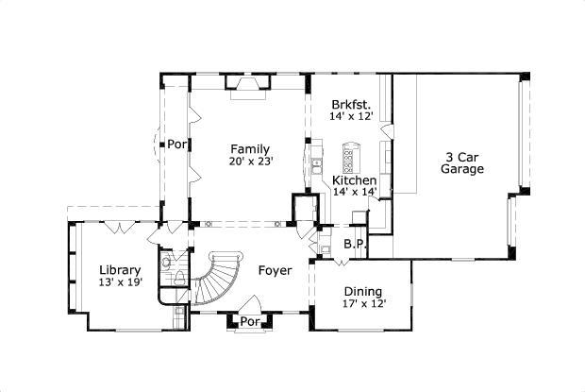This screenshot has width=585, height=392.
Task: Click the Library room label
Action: coord(121,269)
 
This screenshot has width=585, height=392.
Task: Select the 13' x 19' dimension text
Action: coord(121,281)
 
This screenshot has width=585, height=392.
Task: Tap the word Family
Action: coord(250,149)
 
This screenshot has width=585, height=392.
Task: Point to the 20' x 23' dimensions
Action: coord(250,162)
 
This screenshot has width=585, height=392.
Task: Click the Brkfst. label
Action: coord(351,104)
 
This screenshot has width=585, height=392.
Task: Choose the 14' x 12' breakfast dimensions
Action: coord(351,116)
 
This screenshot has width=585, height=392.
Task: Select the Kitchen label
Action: coord(355,179)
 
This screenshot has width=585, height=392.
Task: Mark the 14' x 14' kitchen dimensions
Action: coord(355,192)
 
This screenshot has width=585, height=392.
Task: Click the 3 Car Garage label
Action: coord(462,163)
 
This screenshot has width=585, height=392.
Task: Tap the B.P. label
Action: coord(354,244)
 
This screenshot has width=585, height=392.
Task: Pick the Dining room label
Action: coord(363,292)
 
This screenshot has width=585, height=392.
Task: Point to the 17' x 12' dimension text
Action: coord(363,304)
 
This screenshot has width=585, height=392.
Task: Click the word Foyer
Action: coord(275,271)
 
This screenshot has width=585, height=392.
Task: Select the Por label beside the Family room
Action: coord(176,145)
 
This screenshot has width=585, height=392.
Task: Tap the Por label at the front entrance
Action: coord(249,321)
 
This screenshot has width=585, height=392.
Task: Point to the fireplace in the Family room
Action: coord(250,87)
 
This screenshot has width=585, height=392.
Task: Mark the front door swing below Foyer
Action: coord(251,304)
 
